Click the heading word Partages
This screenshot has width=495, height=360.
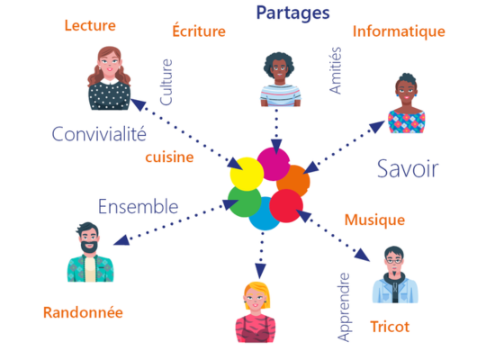coord(292,13)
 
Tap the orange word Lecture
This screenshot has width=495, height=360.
coord(90,25)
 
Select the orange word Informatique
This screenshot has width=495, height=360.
coord(399,31)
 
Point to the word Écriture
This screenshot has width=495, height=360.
coord(199,31)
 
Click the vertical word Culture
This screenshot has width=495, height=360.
coord(166,82)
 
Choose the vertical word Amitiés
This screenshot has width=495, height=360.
coord(336,70)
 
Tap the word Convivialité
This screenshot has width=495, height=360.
coord(99,134)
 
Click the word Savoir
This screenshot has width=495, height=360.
coord(408,168)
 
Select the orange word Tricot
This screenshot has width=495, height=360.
coord(390,327)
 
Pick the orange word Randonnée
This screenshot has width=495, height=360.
coord(83,312)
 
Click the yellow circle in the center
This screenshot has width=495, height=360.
coord(247,174)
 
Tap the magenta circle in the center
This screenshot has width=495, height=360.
coord(273,164)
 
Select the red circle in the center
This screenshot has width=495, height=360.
coord(286,206)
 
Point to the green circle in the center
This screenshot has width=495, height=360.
coord(244,202)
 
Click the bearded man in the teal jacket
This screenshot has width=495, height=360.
coord(90,252)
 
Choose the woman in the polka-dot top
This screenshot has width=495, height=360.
coord(109,78)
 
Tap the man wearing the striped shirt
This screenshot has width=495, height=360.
coord(280,80)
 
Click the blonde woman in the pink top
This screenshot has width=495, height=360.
coord(256,312)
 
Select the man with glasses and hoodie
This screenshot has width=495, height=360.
coord(395,274)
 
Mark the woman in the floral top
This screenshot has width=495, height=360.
coord(406,103)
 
